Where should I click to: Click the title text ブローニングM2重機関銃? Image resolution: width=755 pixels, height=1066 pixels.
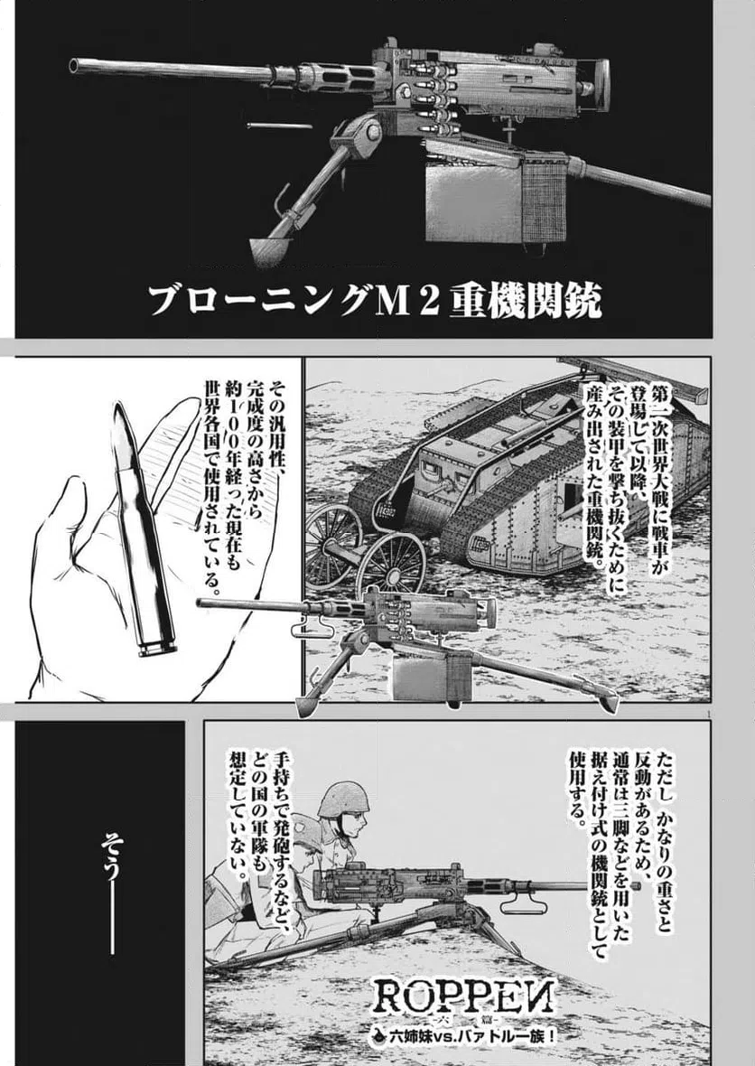click(375, 301)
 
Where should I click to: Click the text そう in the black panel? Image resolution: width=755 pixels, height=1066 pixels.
click(110, 854)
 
